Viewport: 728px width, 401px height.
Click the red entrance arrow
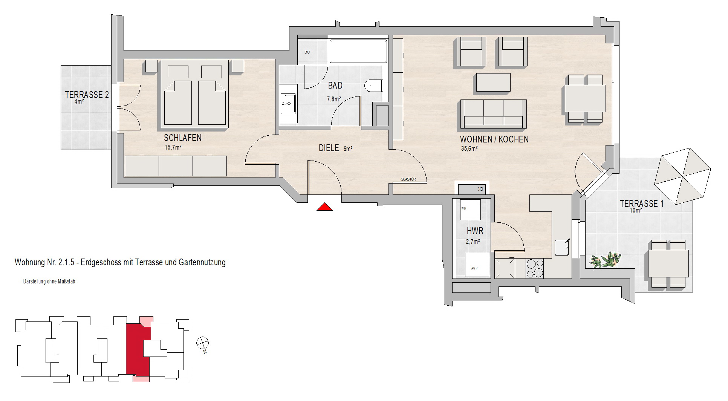point(324,207)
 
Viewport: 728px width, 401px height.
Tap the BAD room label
point(335,86)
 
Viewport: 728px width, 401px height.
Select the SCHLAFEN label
point(183,138)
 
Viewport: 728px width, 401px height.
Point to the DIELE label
point(329,148)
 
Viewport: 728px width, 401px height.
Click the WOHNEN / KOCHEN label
point(494,139)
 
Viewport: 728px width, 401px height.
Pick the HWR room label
point(475,231)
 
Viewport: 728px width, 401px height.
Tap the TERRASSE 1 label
point(642,204)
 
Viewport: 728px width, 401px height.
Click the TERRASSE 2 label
point(87,95)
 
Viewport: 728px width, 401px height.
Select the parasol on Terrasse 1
point(683,176)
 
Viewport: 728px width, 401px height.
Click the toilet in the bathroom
point(374,86)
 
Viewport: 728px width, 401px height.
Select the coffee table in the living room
point(494,83)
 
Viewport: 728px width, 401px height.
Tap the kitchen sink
point(563,247)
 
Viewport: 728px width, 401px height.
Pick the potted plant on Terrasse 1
point(605,260)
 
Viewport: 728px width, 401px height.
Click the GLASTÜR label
point(408,179)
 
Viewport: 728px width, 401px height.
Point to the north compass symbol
point(203,343)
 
